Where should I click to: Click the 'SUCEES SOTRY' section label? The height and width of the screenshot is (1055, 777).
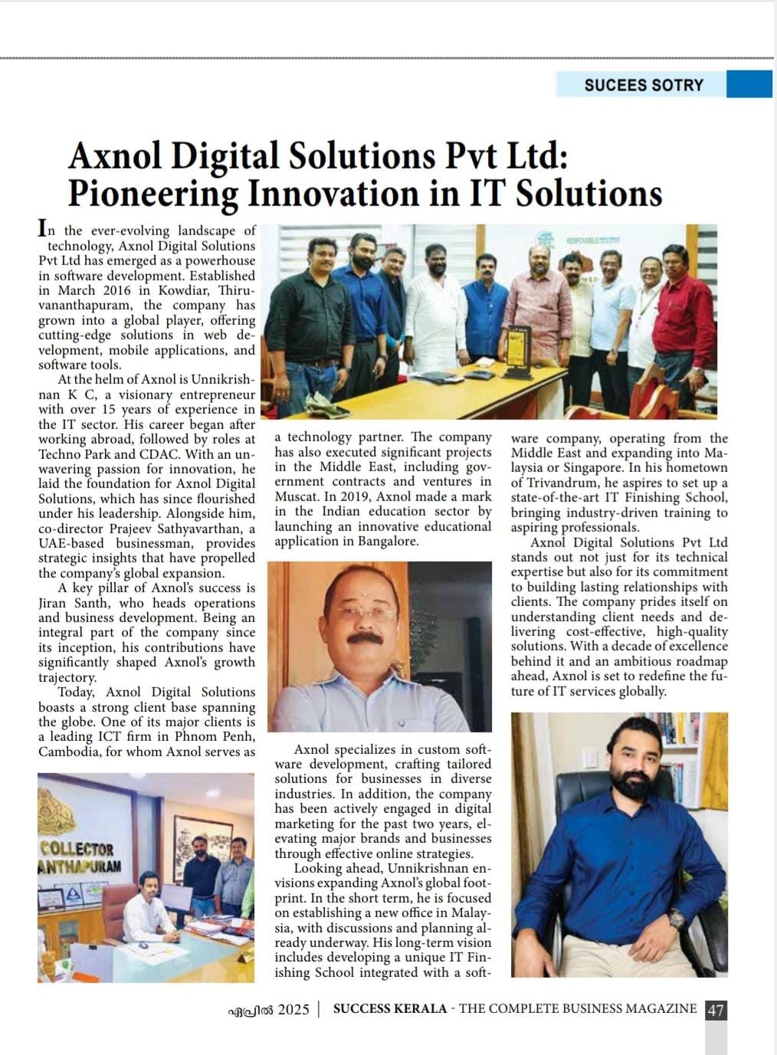pyautogui.click(x=643, y=85)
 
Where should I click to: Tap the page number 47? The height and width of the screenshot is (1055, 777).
pyautogui.click(x=715, y=1010)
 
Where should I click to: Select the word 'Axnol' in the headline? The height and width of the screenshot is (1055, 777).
pyautogui.click(x=115, y=156)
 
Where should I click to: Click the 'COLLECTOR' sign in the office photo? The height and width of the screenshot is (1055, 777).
pyautogui.click(x=77, y=849)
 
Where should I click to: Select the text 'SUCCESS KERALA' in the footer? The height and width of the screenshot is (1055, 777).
pyautogui.click(x=389, y=1009)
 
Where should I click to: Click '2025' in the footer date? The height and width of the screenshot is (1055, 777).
pyautogui.click(x=293, y=1010)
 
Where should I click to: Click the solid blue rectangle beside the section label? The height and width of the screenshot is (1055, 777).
pyautogui.click(x=749, y=84)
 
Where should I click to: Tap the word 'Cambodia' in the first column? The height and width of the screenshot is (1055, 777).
pyautogui.click(x=67, y=752)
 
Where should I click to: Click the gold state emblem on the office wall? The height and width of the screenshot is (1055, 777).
pyautogui.click(x=77, y=804)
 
